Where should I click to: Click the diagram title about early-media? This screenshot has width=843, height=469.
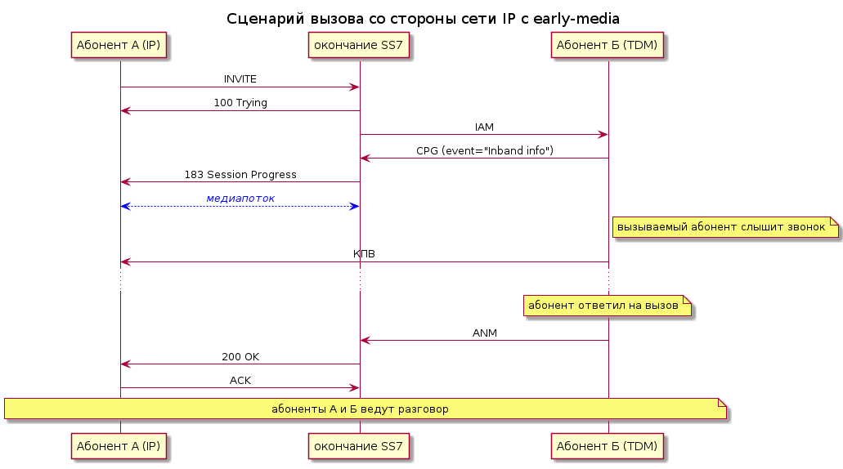point(423,19)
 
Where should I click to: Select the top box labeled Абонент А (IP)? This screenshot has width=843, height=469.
point(119,45)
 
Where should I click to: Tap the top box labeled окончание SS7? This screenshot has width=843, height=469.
point(359,45)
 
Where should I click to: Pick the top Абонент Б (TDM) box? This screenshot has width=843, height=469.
point(607,45)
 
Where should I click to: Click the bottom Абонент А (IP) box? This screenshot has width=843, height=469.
point(119,446)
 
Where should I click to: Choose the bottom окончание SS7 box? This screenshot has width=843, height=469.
point(359,446)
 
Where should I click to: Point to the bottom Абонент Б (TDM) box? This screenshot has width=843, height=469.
point(607,446)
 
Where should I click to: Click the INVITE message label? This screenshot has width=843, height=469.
point(240,79)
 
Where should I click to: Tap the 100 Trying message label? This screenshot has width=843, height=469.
point(240,103)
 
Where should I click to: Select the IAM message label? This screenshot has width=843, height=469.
point(484,127)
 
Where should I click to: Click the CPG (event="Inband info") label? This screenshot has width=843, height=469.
point(484,151)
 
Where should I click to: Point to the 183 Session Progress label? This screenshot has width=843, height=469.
point(240,175)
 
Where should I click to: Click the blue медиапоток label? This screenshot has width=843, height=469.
point(240,199)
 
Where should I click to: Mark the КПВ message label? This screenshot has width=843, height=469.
point(364,253)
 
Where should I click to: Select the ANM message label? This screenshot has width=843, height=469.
point(484,333)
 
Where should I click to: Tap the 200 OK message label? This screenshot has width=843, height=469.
point(240,357)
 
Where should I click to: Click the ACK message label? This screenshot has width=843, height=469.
point(240,381)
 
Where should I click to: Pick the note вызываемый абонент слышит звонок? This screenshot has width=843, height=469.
point(725,227)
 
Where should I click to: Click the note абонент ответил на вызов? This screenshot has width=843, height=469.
point(608,306)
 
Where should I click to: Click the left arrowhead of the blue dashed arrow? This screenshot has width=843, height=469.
point(126,206)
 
